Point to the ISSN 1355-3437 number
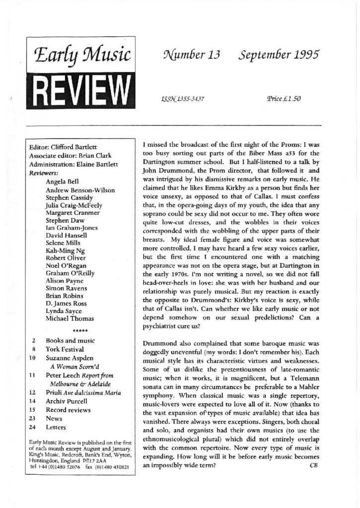coord(180,99)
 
